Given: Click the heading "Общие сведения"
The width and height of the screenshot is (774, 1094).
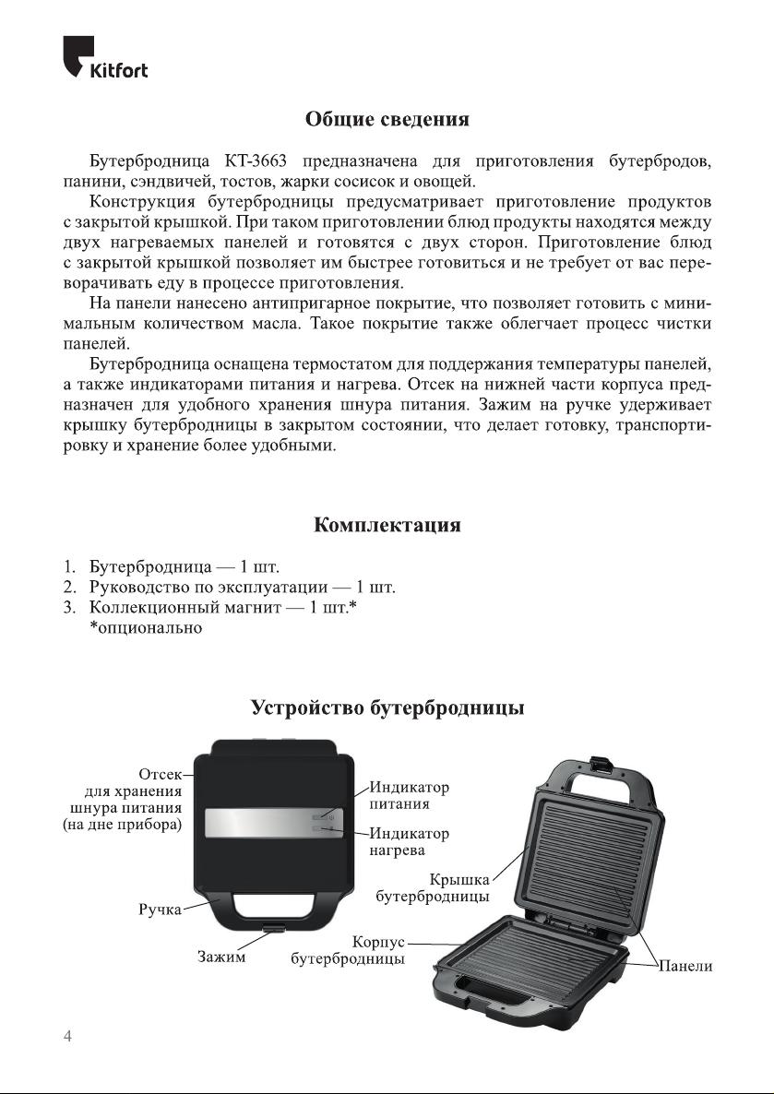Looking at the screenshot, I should pyautogui.click(x=387, y=120).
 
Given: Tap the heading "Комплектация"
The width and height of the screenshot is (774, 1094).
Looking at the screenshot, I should pyautogui.click(x=387, y=526).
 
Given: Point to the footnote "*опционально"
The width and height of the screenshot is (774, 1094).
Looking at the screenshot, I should pyautogui.click(x=146, y=627).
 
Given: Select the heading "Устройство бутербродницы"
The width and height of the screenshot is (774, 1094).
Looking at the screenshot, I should pyautogui.click(x=387, y=708).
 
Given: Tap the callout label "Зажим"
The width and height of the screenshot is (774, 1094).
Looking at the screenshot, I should pyautogui.click(x=221, y=957).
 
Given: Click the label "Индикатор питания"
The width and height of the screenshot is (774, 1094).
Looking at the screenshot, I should pyautogui.click(x=410, y=796).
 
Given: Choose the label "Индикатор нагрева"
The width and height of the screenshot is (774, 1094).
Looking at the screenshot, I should pyautogui.click(x=410, y=841).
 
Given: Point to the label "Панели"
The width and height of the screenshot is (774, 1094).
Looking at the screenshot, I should pyautogui.click(x=685, y=966).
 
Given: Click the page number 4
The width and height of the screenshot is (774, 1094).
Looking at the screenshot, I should pyautogui.click(x=67, y=1036).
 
